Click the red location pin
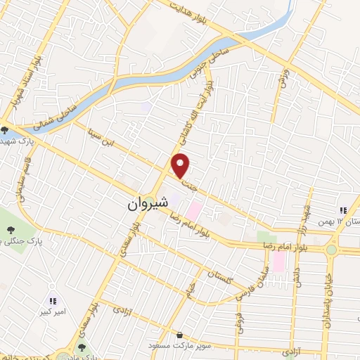(x=181, y=166)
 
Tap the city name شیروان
(x=148, y=203)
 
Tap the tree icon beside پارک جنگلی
(x=10, y=229)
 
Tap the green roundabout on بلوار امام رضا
(x=331, y=250)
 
